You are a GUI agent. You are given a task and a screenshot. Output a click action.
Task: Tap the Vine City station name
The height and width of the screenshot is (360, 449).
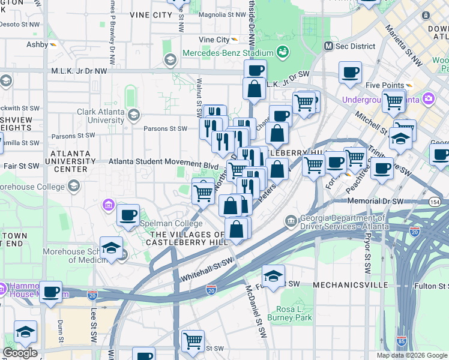(x=214, y=40)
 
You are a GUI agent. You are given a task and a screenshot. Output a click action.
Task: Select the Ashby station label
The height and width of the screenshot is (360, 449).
(x=38, y=44)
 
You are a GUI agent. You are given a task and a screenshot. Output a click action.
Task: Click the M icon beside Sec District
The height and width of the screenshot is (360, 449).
(x=328, y=46)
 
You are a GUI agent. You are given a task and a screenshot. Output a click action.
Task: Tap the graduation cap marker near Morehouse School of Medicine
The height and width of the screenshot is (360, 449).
(x=111, y=247)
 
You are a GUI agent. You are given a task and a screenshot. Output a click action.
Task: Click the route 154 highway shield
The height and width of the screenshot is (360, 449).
(x=435, y=204)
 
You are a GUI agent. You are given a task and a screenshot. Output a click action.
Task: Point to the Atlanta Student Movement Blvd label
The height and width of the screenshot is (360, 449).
(x=163, y=163)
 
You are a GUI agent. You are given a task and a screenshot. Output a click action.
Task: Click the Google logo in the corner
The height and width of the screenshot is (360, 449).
(x=20, y=353)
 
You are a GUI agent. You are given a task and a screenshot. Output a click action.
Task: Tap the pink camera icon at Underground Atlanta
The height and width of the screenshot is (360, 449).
(x=429, y=98)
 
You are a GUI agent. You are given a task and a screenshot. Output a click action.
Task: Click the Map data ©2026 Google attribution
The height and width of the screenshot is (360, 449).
(x=411, y=355)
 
